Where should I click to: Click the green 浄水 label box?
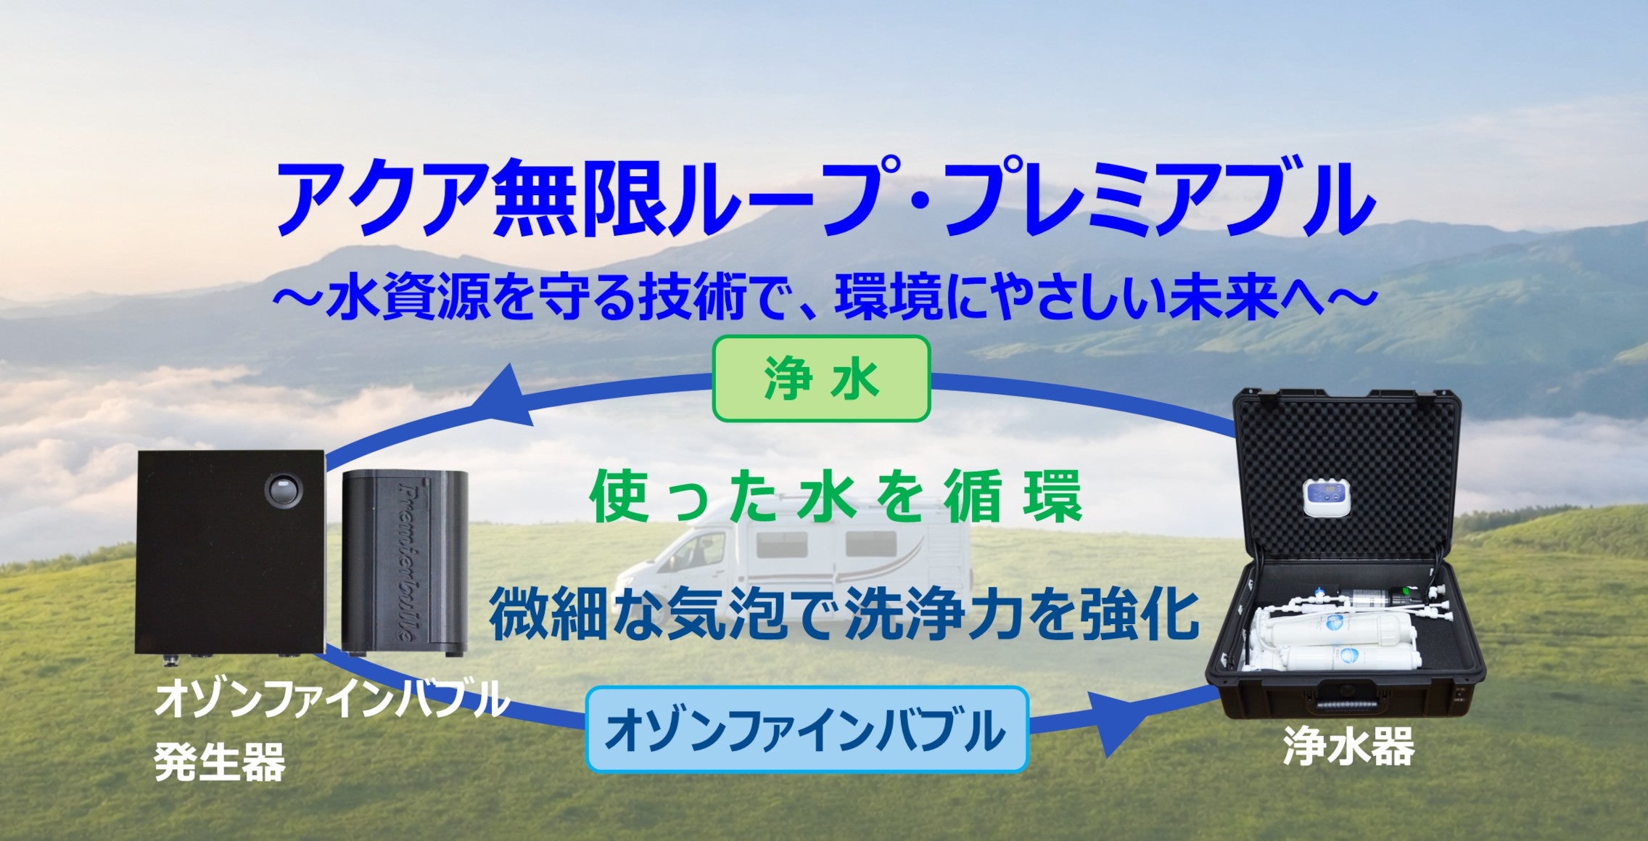click(821, 379)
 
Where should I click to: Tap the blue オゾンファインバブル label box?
click(807, 729)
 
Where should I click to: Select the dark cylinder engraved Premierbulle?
click(405, 562)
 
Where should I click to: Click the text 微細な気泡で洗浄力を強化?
click(844, 613)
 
